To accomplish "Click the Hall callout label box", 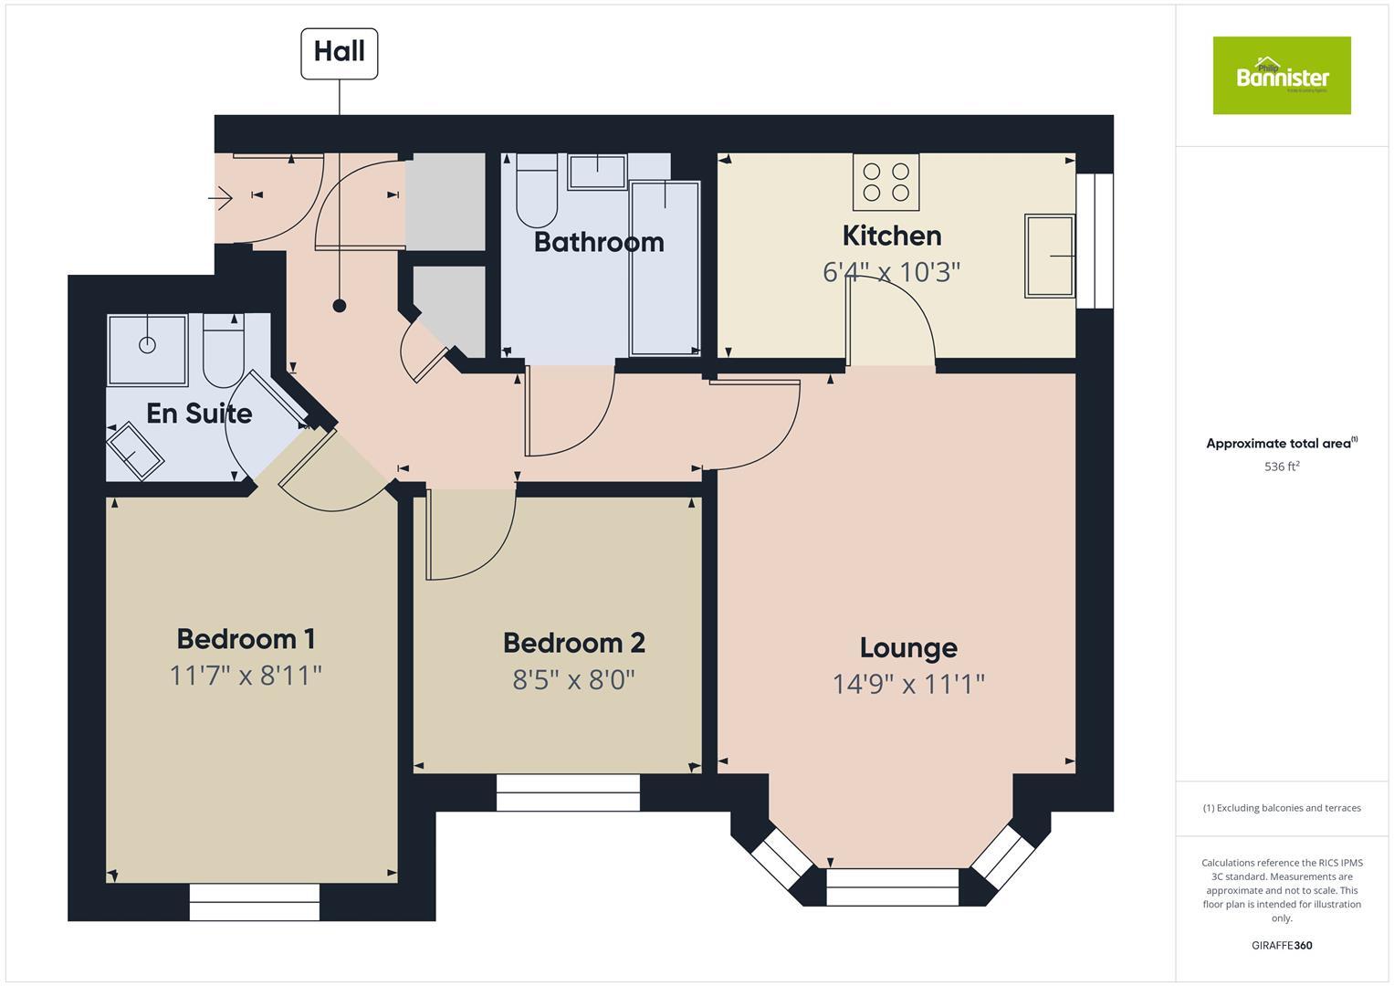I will tap(340, 53).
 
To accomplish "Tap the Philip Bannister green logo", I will tap(1281, 76).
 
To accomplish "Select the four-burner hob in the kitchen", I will tap(886, 181).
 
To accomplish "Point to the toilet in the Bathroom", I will tap(536, 191).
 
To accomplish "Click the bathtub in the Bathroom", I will tap(665, 267).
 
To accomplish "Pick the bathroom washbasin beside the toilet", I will tap(597, 171).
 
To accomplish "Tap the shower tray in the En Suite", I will tap(147, 350).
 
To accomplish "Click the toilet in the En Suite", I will tap(223, 351).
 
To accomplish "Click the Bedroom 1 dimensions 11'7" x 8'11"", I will tap(246, 676).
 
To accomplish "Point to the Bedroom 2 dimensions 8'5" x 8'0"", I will tap(573, 680).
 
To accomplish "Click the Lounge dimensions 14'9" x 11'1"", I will tap(908, 684).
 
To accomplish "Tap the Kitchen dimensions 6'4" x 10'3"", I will tap(891, 272).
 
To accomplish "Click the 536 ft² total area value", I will tap(1281, 467).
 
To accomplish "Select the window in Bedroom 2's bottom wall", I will tap(568, 792).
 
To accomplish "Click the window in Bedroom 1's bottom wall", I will tap(255, 902).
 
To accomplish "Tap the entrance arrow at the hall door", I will tap(221, 195).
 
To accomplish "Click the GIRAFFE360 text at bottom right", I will tap(1281, 945).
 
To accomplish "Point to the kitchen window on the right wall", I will tap(1095, 240).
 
